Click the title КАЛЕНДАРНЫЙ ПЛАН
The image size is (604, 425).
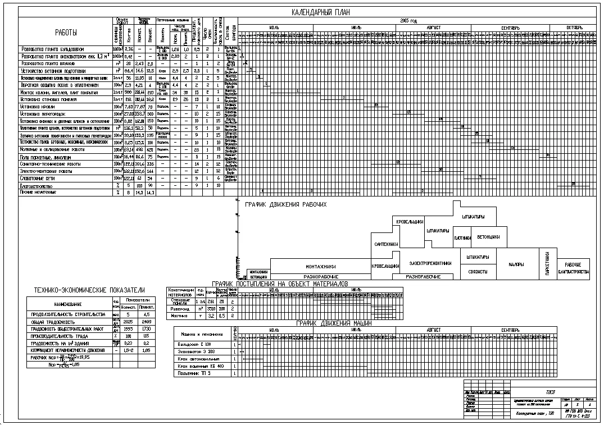[x=320, y=13]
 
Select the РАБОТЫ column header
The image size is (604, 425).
[x=66, y=32]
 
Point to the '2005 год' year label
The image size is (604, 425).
[x=408, y=20]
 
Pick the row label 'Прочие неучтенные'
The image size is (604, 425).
[x=38, y=192]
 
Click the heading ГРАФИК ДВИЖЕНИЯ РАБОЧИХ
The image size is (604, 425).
[x=285, y=205]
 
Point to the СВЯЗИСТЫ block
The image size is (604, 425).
[x=478, y=271]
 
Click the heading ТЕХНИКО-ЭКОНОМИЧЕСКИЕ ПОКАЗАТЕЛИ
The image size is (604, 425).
[x=89, y=290]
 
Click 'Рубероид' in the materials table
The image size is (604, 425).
[x=181, y=308]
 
